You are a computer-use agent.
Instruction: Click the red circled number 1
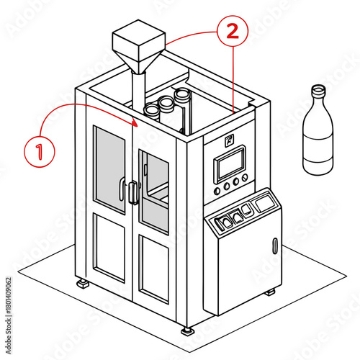pyautogui.click(x=40, y=151)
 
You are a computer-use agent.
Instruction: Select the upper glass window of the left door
pyautogui.click(x=109, y=169)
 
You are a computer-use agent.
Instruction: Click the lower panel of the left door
pyautogui.click(x=109, y=248)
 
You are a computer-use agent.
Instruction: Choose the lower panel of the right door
pyautogui.click(x=154, y=269)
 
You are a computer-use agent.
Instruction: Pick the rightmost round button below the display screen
pyautogui.click(x=245, y=178)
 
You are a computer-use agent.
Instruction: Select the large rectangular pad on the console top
pyautogui.click(x=264, y=204)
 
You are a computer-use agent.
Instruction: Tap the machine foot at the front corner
pyautogui.click(x=187, y=331)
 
